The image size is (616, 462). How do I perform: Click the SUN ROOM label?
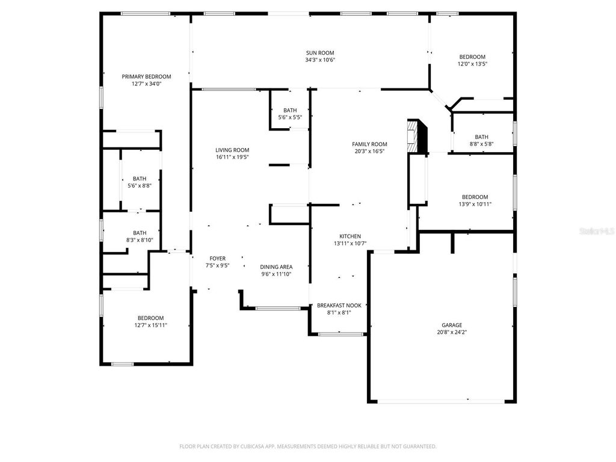coord(319,53)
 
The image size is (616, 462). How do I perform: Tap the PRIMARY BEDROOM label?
coord(146,76)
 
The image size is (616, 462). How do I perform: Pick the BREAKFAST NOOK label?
coord(339,306)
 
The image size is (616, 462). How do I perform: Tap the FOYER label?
coord(217,258)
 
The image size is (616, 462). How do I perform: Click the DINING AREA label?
coord(276,267)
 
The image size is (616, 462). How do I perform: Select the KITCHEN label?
coord(350,236)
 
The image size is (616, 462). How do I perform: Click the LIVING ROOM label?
coord(232,150)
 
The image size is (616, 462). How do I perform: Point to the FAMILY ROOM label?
coord(369,144)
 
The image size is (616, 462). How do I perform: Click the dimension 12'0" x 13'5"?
coord(472,64)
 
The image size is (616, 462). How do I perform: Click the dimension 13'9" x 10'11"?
coord(475,204)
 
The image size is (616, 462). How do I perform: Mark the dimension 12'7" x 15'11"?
coord(150,325)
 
